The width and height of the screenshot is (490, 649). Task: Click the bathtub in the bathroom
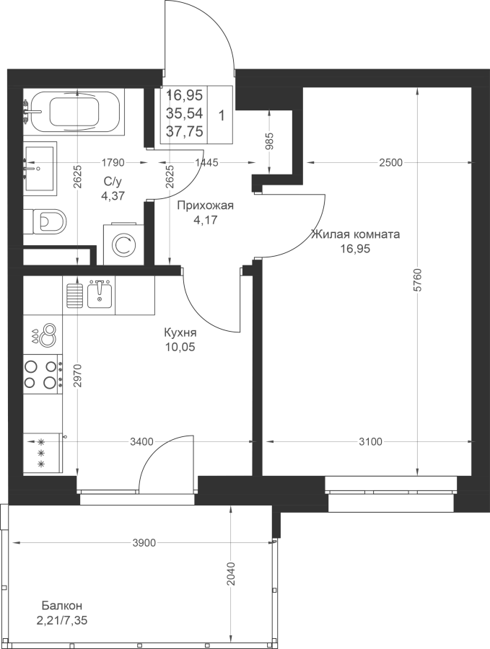(75, 112)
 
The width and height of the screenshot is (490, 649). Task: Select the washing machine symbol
(123, 244)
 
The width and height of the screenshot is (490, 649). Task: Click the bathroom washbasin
(40, 168)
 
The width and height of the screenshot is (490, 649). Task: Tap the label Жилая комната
(355, 234)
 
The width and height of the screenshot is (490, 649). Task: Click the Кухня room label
(180, 332)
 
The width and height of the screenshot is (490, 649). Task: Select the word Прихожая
(206, 206)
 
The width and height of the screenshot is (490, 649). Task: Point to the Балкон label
(62, 606)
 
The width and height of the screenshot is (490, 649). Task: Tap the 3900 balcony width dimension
(145, 542)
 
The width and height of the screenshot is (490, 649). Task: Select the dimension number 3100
(371, 442)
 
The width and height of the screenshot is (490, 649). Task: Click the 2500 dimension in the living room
(390, 163)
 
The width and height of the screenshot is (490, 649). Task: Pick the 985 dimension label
(269, 141)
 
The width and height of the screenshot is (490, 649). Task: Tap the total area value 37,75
(184, 131)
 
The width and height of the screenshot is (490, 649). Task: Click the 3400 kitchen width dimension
(141, 442)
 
